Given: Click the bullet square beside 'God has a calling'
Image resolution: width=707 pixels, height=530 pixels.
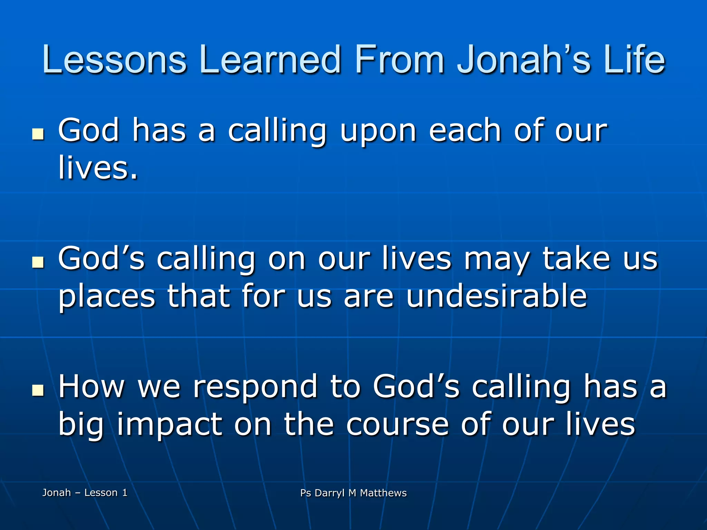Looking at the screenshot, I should pos(38,135).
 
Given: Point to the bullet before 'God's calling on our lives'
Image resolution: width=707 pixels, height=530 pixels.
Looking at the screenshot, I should pos(38,262).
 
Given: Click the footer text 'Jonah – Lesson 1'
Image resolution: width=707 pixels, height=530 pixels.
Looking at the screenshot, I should pos(85,493).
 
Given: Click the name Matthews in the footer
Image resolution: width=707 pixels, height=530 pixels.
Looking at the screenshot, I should pos(383,493).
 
